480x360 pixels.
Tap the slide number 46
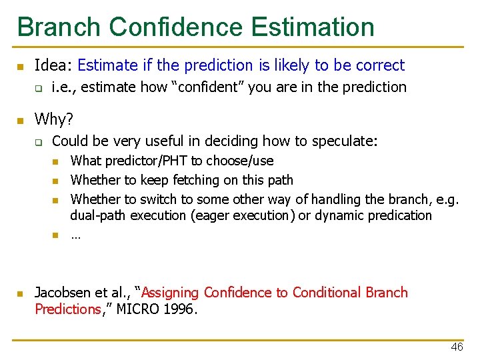click(457, 347)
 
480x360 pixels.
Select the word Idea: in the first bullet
click(54, 65)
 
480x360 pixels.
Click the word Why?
click(54, 119)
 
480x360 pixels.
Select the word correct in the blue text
click(380, 65)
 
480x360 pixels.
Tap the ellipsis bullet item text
click(75, 235)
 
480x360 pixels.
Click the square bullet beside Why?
click(20, 121)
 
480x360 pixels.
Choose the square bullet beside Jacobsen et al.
click(20, 294)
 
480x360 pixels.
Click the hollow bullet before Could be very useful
click(39, 142)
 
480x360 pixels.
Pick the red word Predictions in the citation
click(67, 309)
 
